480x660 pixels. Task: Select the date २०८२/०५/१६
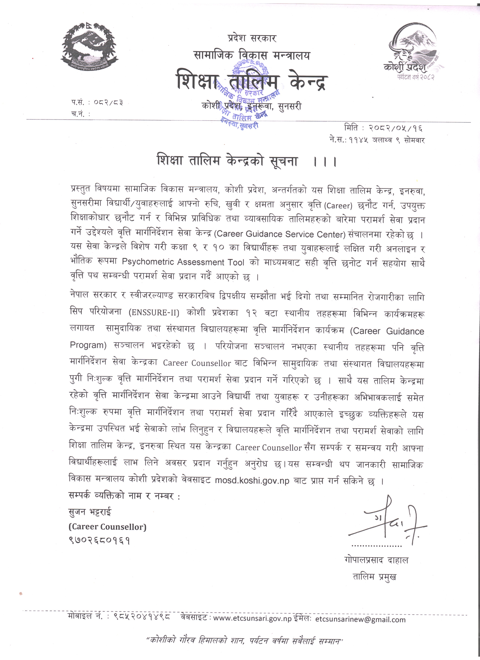[x=396, y=128]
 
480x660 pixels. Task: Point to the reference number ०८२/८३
[x=108, y=102]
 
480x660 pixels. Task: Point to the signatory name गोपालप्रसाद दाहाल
[x=376, y=560]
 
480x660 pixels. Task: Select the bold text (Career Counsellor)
[x=108, y=527]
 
